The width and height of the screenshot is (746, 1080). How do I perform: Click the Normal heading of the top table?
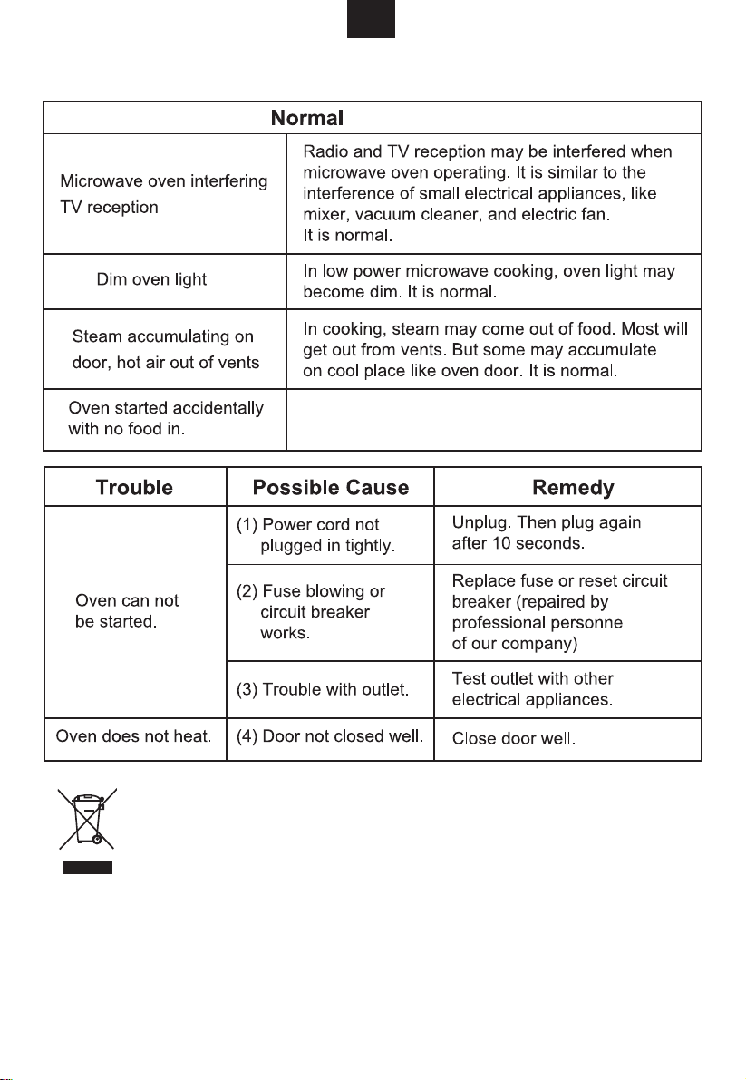[308, 118]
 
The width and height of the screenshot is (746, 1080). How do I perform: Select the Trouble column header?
[134, 487]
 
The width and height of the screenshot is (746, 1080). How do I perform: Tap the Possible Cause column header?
[330, 487]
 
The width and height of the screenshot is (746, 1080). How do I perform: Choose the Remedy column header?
[573, 487]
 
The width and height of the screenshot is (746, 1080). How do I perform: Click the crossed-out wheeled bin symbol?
[87, 820]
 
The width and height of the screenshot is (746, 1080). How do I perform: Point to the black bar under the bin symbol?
[87, 868]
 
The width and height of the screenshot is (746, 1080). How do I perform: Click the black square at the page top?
[372, 19]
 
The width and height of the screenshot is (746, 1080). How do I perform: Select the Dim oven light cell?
[151, 280]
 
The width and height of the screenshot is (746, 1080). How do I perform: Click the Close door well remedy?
[513, 738]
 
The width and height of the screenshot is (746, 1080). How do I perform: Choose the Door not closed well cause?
[330, 736]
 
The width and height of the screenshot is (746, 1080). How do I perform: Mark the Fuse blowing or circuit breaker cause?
[311, 612]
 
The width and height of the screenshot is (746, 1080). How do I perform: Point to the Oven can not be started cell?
[127, 612]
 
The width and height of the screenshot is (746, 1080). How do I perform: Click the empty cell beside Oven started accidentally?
[493, 419]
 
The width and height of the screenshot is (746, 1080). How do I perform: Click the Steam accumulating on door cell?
[164, 350]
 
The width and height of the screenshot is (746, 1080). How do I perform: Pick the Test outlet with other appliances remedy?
[532, 689]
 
